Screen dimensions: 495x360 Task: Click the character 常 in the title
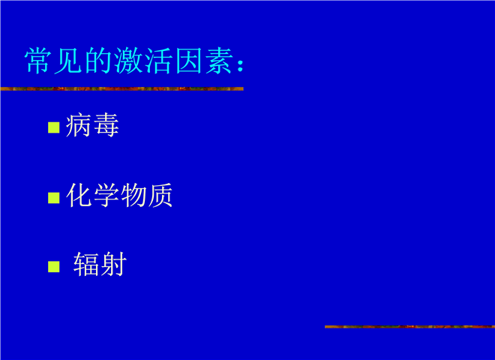(x=38, y=61)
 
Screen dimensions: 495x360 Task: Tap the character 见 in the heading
(x=67, y=61)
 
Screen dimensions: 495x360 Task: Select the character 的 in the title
(x=98, y=61)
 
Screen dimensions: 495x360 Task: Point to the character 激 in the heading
(x=128, y=61)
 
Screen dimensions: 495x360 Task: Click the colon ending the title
(x=241, y=64)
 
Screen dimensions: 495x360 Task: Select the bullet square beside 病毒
(x=54, y=127)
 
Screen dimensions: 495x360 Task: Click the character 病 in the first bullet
(x=78, y=125)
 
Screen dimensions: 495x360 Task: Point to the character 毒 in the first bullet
(x=106, y=125)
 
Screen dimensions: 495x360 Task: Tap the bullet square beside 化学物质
(x=54, y=198)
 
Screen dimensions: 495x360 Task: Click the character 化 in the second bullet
(x=79, y=195)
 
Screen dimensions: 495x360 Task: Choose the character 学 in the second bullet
(x=106, y=195)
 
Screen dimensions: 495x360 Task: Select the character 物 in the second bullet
(x=133, y=195)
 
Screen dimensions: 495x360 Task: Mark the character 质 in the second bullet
(x=160, y=195)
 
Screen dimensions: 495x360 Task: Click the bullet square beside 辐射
(x=54, y=266)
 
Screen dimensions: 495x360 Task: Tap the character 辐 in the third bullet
(x=85, y=265)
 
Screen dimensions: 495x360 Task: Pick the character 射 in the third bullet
(x=113, y=265)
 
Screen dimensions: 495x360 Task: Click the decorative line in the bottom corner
(x=409, y=326)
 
